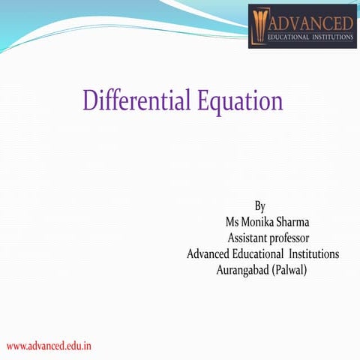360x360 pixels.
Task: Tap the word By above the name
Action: tap(260, 205)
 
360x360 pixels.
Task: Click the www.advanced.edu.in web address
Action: tap(49, 346)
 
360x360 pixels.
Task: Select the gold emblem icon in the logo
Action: tap(262, 25)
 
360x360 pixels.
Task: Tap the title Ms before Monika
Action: tap(233, 222)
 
